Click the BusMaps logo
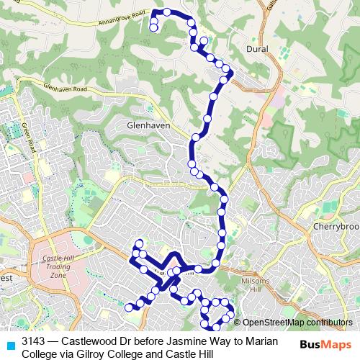325,343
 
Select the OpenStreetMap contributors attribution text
293,323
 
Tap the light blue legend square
9,343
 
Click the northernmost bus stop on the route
167,12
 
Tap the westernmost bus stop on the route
130,307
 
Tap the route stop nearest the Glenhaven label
196,137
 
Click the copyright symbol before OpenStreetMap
238,323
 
